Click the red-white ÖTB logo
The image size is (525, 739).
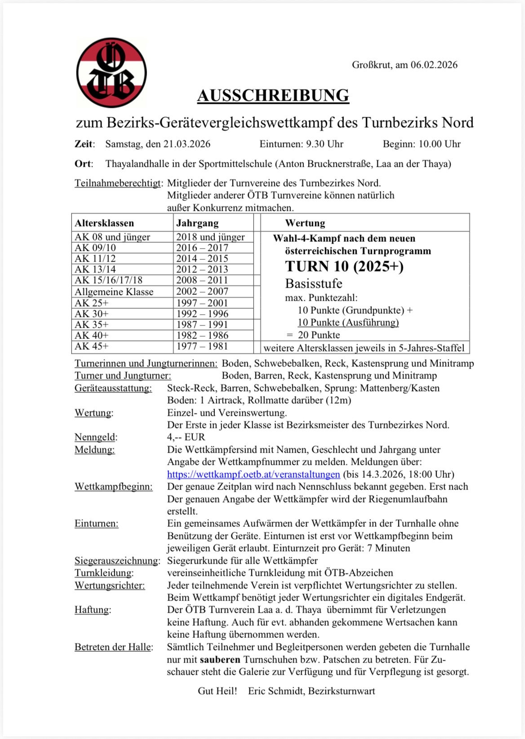111,73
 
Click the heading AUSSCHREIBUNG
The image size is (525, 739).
273,95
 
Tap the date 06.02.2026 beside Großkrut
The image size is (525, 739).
434,65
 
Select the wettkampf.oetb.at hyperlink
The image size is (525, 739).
254,474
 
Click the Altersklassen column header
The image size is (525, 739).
104,223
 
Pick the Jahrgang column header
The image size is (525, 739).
197,223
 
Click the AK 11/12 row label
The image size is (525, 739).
95,258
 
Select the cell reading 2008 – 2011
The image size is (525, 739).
202,280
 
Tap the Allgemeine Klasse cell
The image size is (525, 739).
114,292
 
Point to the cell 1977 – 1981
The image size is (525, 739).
202,346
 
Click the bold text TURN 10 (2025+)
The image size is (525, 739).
344,266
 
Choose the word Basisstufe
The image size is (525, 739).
314,284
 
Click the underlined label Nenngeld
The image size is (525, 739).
96,437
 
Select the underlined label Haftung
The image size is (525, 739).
93,610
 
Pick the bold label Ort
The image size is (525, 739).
83,164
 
